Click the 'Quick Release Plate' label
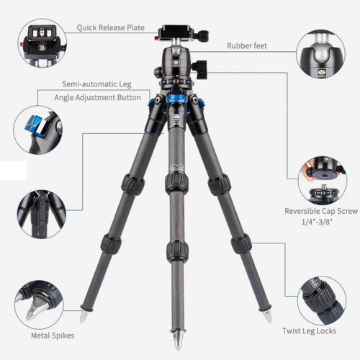tap(111, 28)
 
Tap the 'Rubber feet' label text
tap(247, 45)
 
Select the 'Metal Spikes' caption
tap(53, 336)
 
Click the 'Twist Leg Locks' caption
tap(309, 331)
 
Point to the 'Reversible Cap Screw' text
tap(321, 211)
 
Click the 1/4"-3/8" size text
tap(317, 222)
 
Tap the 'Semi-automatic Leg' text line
tap(96, 84)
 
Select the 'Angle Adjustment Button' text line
tap(97, 98)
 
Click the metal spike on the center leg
tap(178, 340)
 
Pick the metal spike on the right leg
tap(267, 315)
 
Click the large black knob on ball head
tap(201, 70)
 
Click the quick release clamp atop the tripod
tap(182, 34)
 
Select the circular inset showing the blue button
tap(37, 130)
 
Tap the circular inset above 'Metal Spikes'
tap(40, 305)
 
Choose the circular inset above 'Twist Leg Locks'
tap(322, 301)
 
